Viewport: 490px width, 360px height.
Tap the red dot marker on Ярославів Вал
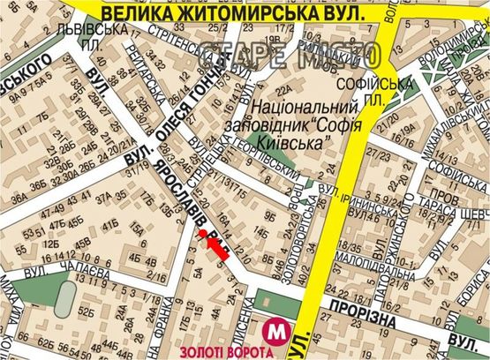(202, 233)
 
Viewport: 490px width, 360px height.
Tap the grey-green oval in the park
(64, 301)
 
